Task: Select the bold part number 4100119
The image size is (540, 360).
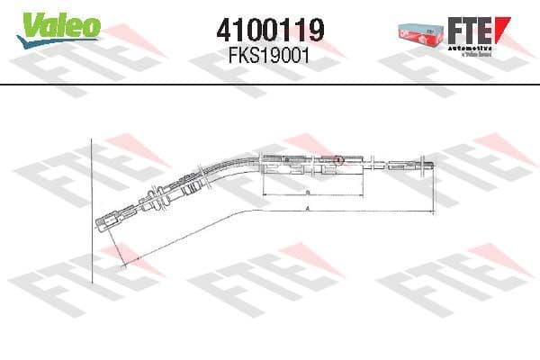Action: tap(271, 30)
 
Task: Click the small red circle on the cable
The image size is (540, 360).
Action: tap(338, 161)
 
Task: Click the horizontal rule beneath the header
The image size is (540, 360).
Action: tap(270, 85)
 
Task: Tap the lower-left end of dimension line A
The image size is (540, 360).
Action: tap(121, 262)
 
